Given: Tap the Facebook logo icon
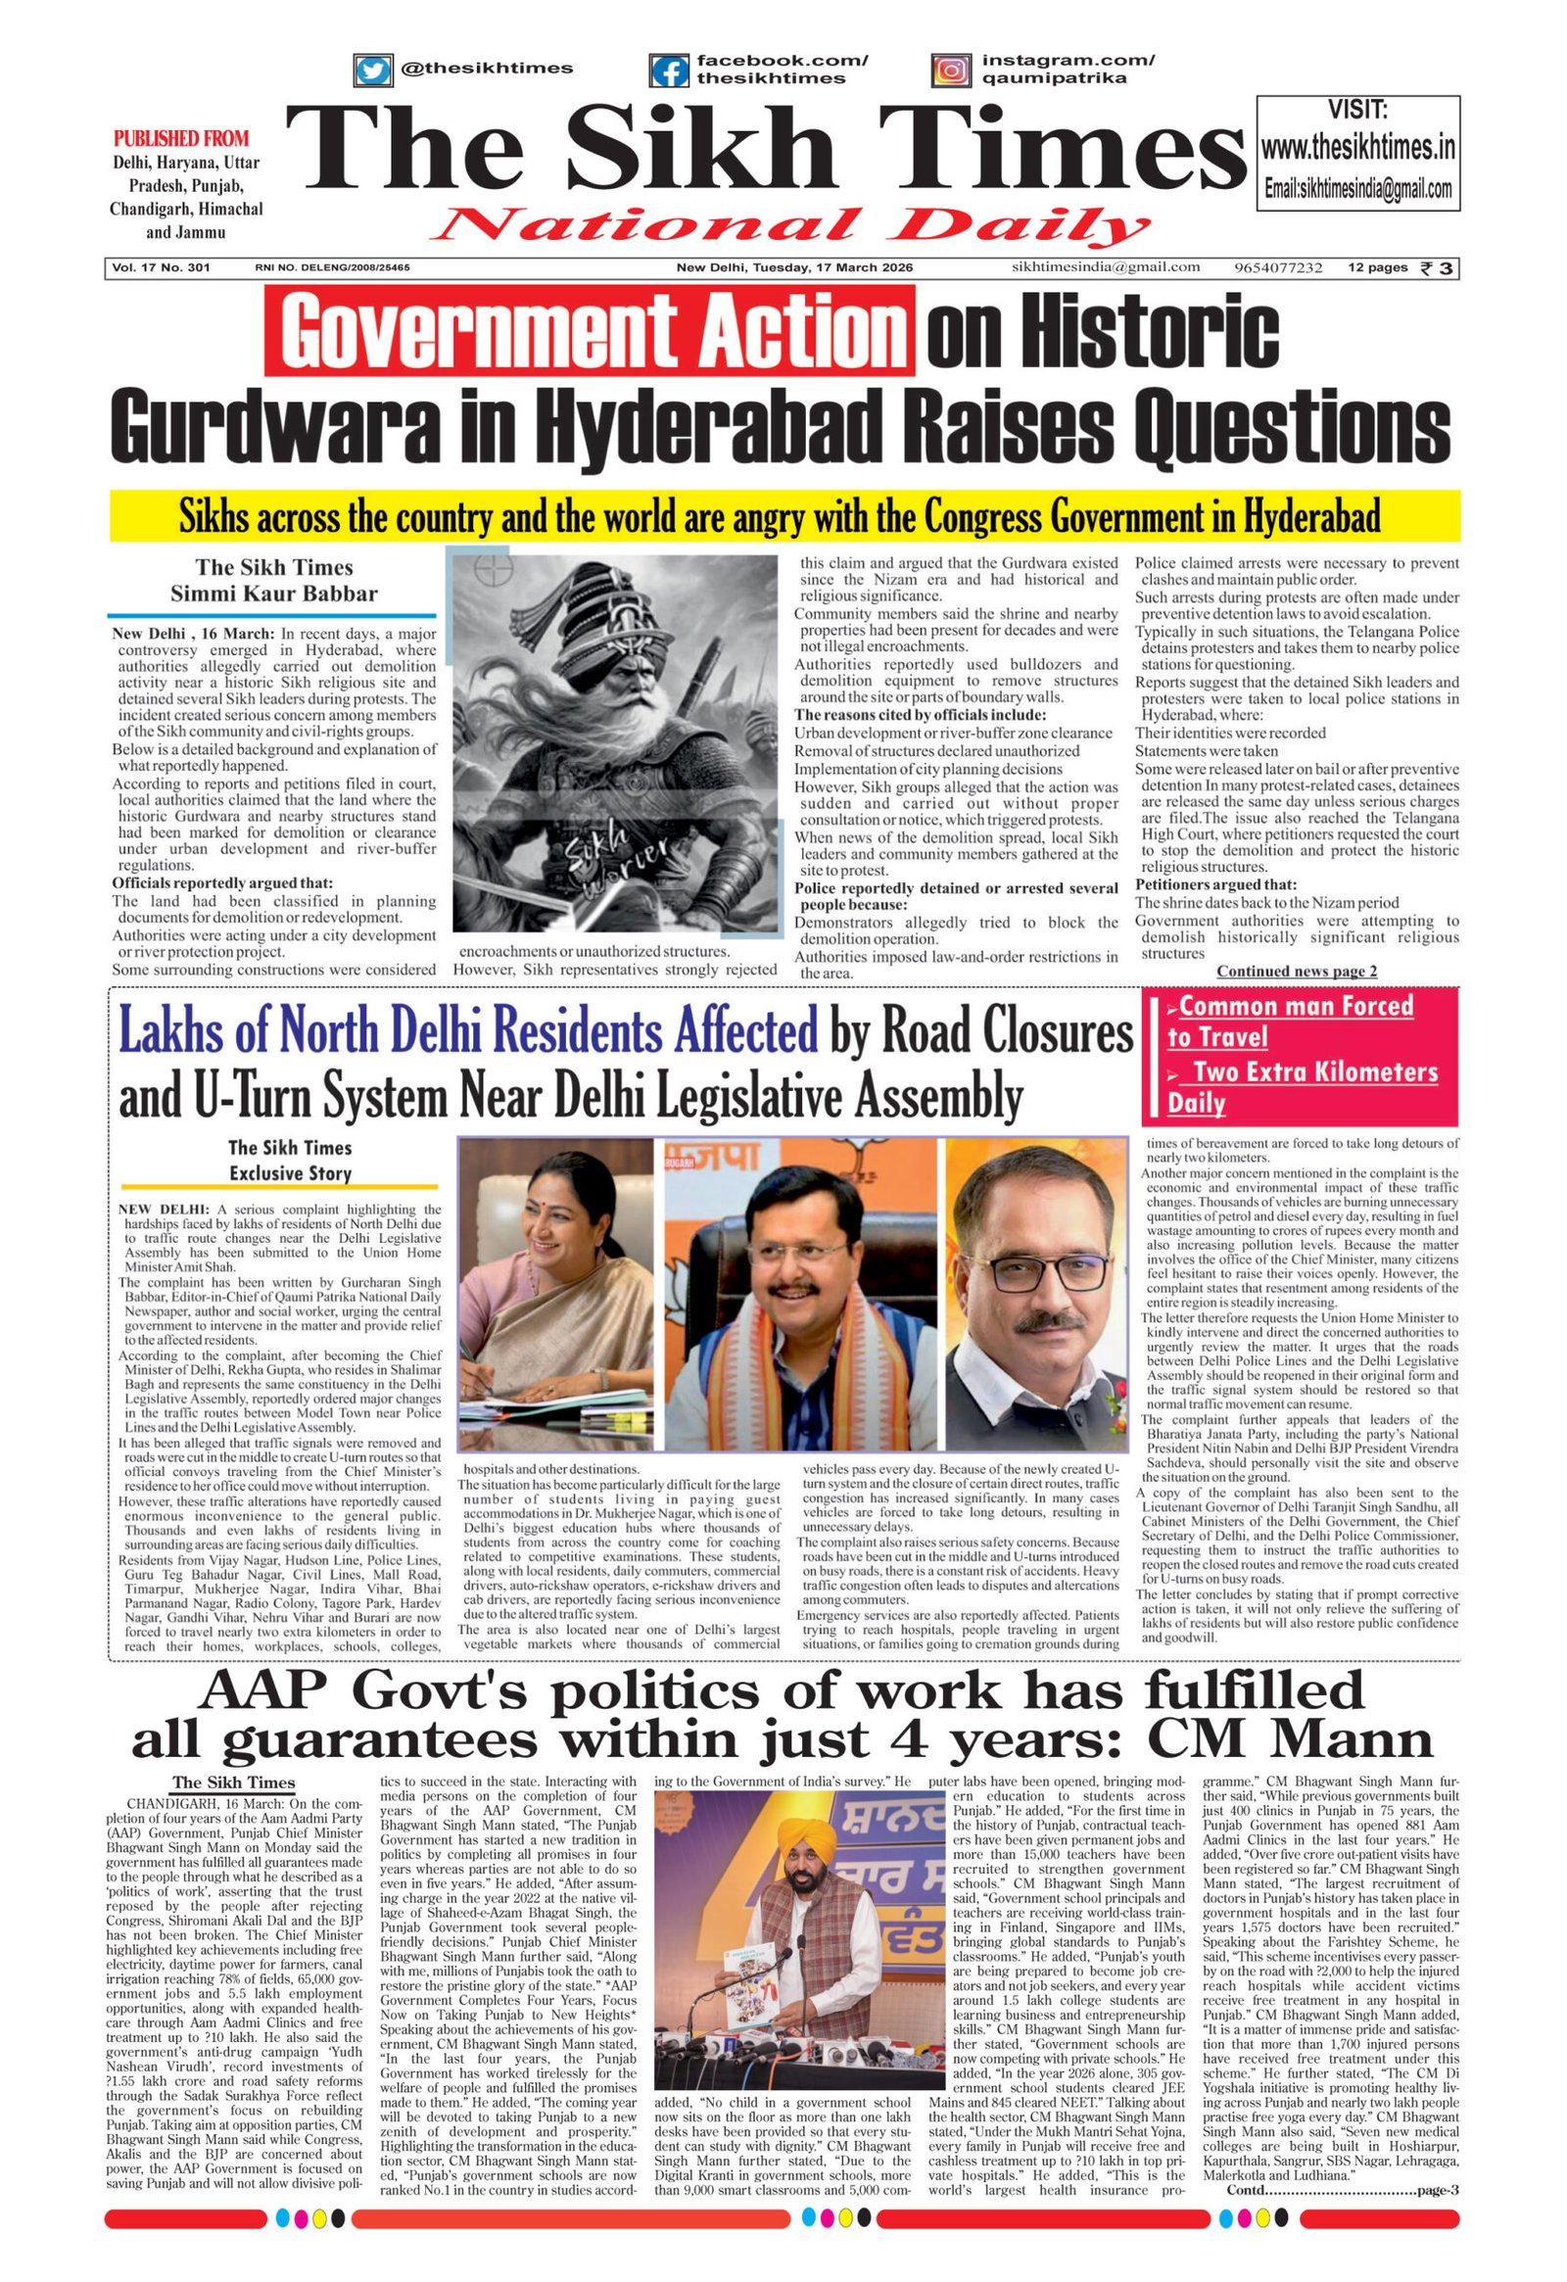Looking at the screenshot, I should pos(669,71).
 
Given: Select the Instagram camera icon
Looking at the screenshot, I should pos(950,71).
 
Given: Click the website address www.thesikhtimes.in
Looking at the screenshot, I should pos(1357,148).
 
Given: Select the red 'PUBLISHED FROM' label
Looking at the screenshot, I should pos(180,138).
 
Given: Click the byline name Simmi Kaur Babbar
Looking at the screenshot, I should pos(274,594).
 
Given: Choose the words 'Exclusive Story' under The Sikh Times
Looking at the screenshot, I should pos(290,1172).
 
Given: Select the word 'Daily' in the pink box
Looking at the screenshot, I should pos(1196,1103).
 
